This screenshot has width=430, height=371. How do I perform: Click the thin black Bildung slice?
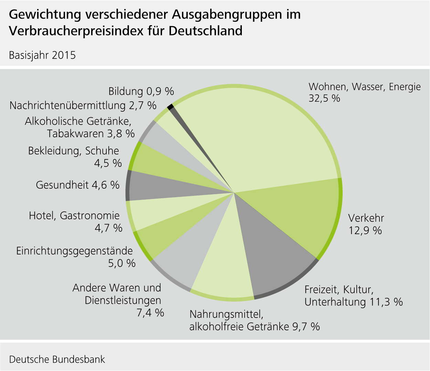coord(170,107)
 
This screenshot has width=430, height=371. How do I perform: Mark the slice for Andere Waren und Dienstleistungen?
coord(186,262)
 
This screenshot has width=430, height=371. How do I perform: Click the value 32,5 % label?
coord(324,98)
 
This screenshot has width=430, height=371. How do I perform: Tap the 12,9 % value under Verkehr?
coord(365,230)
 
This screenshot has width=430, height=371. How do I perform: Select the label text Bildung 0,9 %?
coord(141,91)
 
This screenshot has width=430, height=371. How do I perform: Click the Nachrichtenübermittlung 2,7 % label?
coord(83,105)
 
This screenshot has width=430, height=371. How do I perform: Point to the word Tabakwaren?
coord(76,134)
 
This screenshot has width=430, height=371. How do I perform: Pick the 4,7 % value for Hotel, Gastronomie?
coord(108,228)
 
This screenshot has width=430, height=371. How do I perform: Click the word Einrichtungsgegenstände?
coord(74,251)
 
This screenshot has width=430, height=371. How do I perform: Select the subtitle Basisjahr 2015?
coord(42,55)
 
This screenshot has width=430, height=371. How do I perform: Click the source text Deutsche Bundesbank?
coord(57,359)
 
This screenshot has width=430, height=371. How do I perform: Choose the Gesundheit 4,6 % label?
coord(77,185)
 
